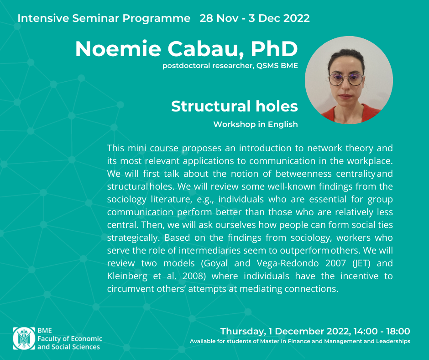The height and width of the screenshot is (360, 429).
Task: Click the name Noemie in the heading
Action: [118, 49]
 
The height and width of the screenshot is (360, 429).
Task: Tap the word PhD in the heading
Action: [274, 49]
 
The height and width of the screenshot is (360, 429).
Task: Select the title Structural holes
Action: [235, 106]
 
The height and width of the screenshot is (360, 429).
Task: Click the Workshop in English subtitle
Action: [256, 124]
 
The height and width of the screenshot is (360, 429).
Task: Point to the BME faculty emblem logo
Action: [24, 339]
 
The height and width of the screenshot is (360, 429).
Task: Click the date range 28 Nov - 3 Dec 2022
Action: [255, 18]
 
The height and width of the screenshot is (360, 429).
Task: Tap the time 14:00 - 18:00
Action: [382, 331]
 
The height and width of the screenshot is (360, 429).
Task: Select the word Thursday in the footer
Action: [243, 332]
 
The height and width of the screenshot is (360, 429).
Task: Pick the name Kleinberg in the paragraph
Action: [127, 276]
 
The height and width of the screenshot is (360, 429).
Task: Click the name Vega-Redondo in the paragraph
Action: [288, 263]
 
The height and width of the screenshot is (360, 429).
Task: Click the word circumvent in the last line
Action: [131, 289]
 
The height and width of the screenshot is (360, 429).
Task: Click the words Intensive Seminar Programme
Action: [104, 18]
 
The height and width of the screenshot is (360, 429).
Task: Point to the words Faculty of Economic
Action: [70, 339]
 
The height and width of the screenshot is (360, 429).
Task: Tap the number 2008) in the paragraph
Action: [194, 276]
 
